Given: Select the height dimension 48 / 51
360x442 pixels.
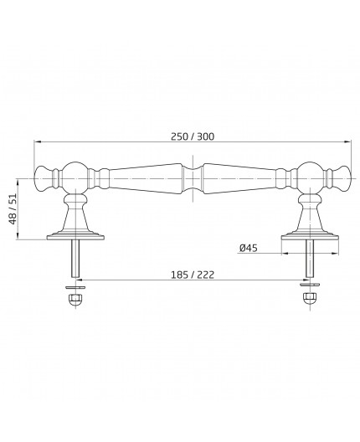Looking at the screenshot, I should coord(12,208).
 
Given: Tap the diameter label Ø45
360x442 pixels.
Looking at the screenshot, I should coord(247,249).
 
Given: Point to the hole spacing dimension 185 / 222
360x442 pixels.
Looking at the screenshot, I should coord(193,274).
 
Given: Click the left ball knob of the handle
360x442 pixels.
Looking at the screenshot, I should coord(73,177).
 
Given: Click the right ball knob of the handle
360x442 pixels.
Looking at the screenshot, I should coord(312,177).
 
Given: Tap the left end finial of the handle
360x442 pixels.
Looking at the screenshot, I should coord(42,177).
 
